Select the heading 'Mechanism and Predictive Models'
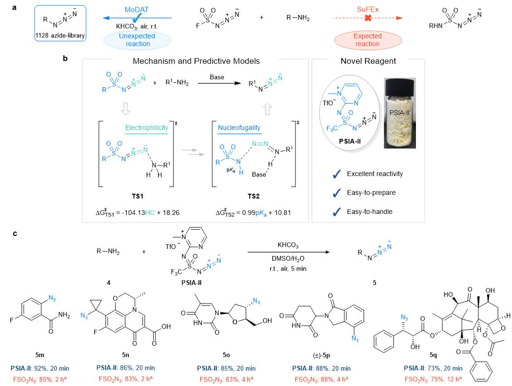click(197, 61)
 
